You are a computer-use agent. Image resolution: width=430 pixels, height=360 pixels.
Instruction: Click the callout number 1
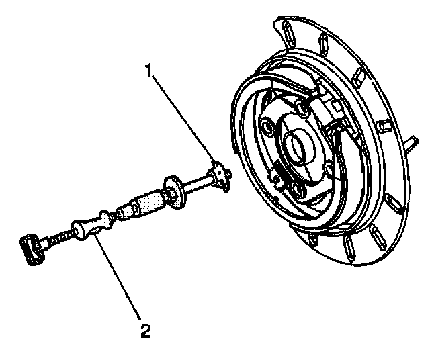[x=148, y=71]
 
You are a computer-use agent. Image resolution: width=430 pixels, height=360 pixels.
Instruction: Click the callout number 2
[x=146, y=330]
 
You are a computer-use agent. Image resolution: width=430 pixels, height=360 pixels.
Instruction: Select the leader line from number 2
[x=118, y=276]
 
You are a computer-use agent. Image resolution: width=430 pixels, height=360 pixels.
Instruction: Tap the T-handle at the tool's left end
[x=32, y=249]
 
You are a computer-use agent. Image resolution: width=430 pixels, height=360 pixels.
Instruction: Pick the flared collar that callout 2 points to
[x=93, y=225]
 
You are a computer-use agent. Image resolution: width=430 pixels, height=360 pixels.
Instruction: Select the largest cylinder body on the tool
[x=148, y=202]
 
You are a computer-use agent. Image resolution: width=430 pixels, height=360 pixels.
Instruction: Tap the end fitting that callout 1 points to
[x=220, y=176]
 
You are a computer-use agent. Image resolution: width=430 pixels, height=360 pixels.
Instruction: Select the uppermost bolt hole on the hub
[x=302, y=107]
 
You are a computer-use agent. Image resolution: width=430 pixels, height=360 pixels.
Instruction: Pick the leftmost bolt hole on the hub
[x=267, y=126]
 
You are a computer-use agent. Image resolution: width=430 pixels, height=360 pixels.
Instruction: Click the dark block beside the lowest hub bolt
[x=280, y=175]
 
